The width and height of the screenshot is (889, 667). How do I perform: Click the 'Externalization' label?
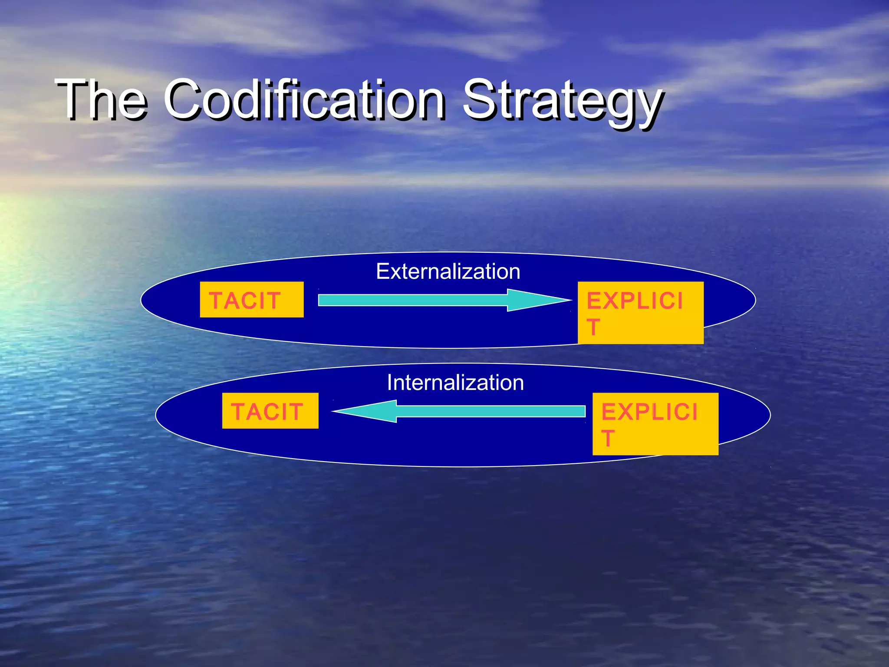448,272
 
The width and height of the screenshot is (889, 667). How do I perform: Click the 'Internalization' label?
455,383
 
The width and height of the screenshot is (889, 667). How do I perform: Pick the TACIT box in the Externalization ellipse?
251,300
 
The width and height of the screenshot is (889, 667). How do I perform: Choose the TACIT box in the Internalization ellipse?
270,411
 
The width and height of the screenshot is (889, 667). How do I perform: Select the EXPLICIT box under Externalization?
640,313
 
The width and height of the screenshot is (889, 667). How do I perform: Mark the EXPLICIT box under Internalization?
655,424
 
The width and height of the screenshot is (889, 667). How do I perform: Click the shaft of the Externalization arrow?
412,300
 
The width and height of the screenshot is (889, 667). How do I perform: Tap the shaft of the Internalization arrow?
491,411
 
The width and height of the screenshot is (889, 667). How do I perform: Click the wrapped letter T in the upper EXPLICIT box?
593,327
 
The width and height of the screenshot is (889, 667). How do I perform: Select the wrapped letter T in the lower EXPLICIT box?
608,438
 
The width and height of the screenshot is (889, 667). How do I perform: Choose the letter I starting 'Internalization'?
389,383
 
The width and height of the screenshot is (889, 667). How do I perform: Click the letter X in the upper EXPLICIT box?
614,300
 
